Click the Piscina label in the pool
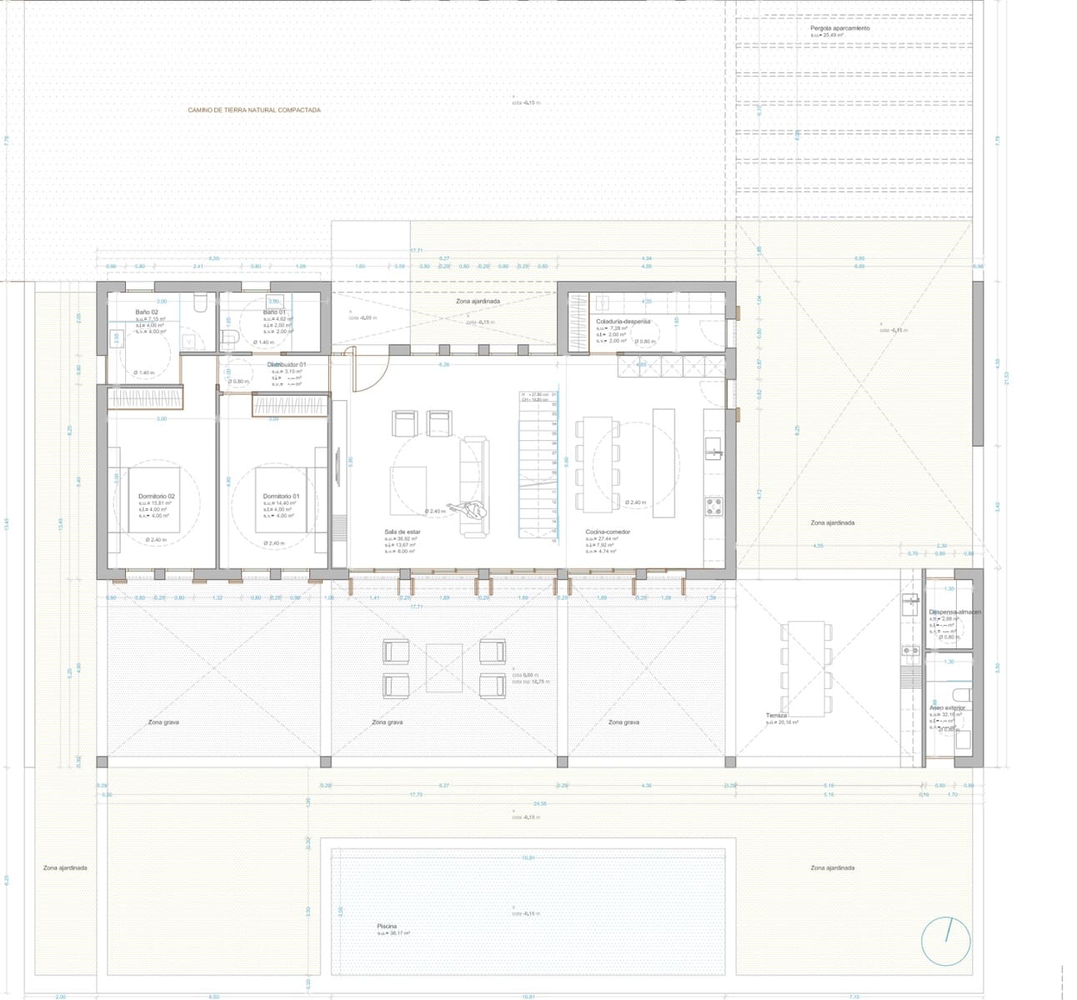pos(386,926)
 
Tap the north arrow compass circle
pos(946,940)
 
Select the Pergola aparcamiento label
pos(839,28)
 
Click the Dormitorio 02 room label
pos(156,496)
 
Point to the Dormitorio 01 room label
pos(281,496)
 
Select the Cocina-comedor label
pos(608,531)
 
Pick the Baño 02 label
pos(147,312)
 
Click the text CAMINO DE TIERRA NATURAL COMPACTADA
pos(253,110)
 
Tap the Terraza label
pos(777,715)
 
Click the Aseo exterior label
pos(947,707)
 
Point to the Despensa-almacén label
pos(954,612)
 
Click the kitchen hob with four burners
pos(714,506)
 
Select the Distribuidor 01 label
pos(287,365)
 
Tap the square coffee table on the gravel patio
pos(443,667)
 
